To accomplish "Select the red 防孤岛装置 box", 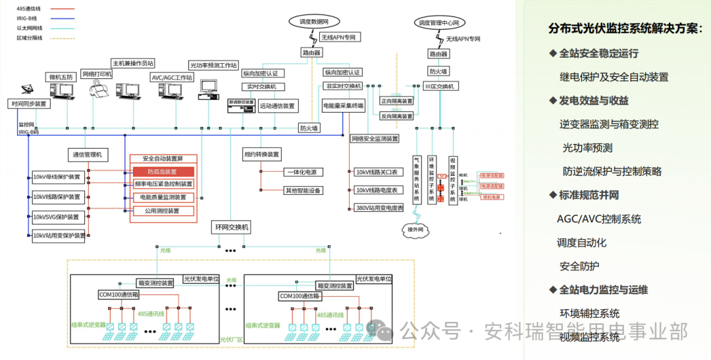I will (162, 172).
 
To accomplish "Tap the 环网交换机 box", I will (232, 228).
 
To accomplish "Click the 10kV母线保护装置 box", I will (59, 177).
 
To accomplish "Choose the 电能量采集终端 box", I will (343, 105).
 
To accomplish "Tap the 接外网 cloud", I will (415, 228).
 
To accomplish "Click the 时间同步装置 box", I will (29, 104).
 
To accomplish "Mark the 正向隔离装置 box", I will (397, 101).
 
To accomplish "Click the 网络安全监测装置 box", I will (375, 139).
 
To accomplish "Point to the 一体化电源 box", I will (300, 172).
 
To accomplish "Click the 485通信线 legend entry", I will (30, 9).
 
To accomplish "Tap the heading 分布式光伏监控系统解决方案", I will (625, 28).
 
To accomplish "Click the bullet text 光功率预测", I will (587, 147).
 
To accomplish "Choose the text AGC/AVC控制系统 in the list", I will (598, 219).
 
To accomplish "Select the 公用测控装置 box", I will (162, 211).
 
